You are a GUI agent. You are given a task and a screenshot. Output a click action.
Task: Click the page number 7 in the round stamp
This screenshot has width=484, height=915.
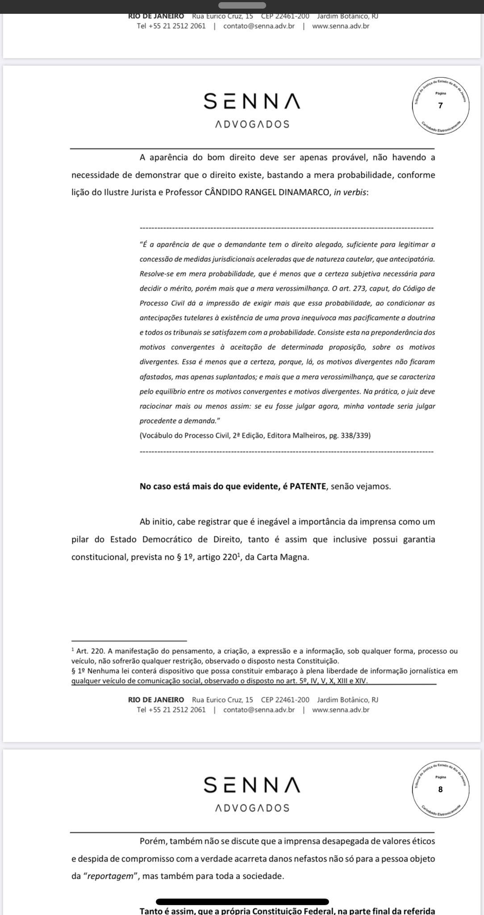click(x=440, y=106)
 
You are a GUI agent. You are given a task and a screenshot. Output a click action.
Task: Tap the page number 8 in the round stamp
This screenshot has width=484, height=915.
click(x=440, y=789)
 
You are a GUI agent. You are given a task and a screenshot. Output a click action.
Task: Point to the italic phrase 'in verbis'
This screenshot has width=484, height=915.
click(x=350, y=193)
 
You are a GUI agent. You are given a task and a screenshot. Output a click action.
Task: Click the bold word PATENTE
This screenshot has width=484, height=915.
click(x=308, y=487)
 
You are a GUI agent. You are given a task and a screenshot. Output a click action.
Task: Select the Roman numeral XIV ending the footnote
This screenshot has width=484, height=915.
click(x=362, y=681)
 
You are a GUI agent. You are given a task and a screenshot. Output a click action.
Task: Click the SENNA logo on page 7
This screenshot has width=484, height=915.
click(x=252, y=102)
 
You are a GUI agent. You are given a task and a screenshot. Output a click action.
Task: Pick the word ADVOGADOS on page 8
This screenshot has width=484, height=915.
click(x=252, y=808)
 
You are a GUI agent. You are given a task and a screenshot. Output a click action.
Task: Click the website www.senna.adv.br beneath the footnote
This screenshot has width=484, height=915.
click(x=341, y=709)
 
